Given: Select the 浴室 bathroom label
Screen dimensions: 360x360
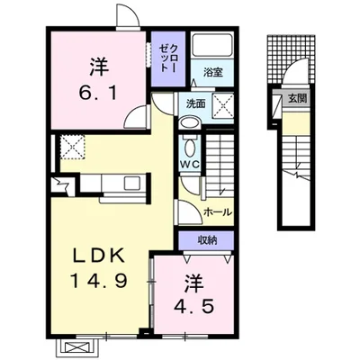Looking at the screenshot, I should click(213, 71).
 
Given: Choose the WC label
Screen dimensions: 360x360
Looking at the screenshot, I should click(190, 166).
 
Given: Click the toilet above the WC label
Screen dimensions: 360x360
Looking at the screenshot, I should click(190, 146).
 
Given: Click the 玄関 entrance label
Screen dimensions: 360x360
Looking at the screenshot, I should click(297, 97).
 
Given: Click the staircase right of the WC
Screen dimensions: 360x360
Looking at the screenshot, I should click(219, 162).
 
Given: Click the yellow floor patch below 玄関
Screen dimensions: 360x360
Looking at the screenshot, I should click(297, 121).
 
